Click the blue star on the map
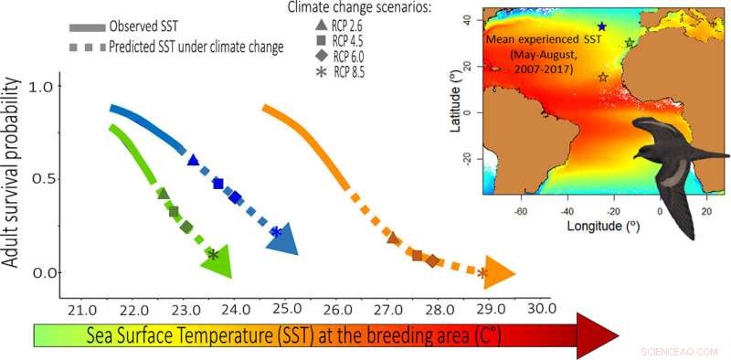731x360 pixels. click(601, 27)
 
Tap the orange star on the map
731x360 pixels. click(602, 78)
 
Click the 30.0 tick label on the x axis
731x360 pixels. click(541, 309)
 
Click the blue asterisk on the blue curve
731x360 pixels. click(276, 233)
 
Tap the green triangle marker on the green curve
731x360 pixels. click(163, 194)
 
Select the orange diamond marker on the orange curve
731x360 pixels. click(432, 261)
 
